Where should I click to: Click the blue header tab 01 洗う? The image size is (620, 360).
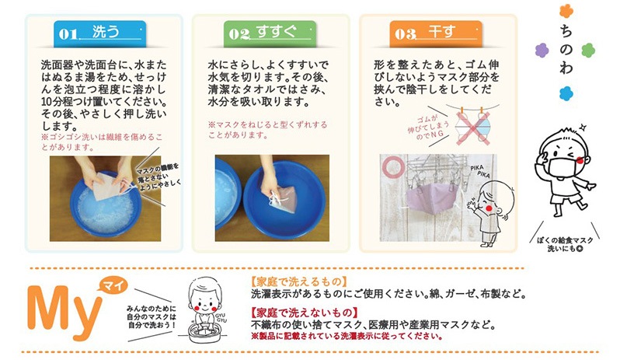coord(100,33)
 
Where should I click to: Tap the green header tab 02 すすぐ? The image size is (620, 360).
coord(270,33)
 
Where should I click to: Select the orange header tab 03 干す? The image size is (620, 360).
coord(436,33)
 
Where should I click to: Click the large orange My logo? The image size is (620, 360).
coord(63,312)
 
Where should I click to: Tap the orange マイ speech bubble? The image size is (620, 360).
coord(114,285)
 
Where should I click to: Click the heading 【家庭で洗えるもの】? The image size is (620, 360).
coord(299,281)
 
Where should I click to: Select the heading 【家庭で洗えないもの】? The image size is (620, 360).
coord(304,313)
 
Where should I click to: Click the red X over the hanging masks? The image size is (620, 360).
coord(473,128)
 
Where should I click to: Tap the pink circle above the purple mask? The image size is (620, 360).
coord(393,166)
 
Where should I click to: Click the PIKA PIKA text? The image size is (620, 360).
coord(480,171)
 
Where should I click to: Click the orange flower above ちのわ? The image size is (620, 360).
coord(566,11)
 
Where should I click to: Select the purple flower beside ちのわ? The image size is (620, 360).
coord(542,51)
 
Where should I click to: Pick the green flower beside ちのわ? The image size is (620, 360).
coord(588,51)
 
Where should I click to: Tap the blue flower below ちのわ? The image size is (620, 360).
coord(566,94)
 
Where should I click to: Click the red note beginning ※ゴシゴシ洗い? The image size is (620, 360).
coord(102,142)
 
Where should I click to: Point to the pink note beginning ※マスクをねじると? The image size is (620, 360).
coord(268,130)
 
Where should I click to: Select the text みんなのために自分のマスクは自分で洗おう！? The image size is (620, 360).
coord(152,316)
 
